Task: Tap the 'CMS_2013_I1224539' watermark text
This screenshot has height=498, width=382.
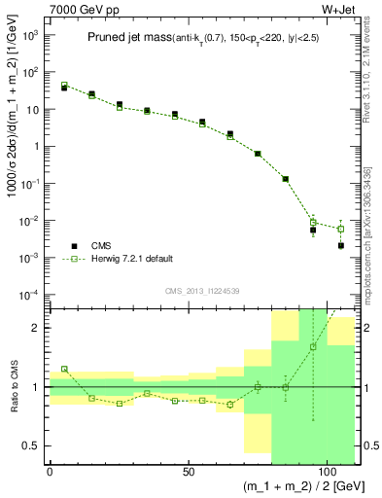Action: pos(202,290)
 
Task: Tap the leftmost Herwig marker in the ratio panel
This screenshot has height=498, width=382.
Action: pos(64,369)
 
